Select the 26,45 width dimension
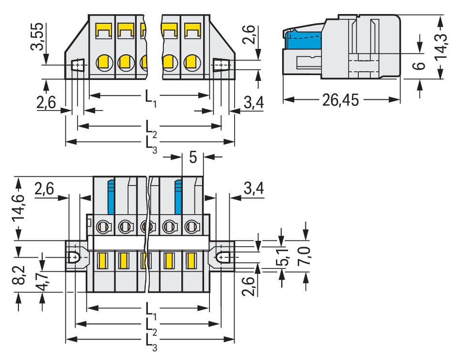pyautogui.click(x=341, y=100)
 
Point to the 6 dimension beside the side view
pyautogui.click(x=420, y=64)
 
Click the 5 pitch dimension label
pyautogui.click(x=193, y=158)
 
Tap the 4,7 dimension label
pyautogui.click(x=43, y=281)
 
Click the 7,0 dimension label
pyautogui.click(x=306, y=254)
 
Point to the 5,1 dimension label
pyautogui.click(x=282, y=256)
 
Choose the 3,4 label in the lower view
pyautogui.click(x=254, y=189)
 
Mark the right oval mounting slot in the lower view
pyautogui.click(x=223, y=257)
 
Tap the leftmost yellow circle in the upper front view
pyautogui.click(x=103, y=62)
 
